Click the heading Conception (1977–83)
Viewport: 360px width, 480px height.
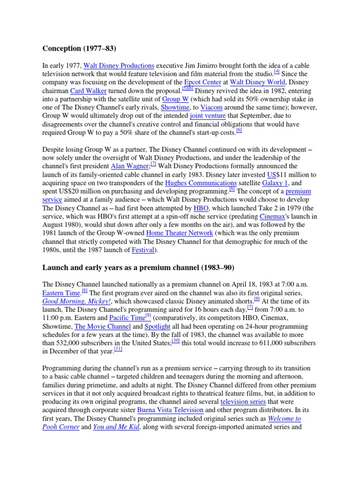point(79,48)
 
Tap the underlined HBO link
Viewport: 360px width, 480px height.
point(202,208)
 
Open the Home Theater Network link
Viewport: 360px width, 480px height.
point(180,233)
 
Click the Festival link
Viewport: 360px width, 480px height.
point(142,250)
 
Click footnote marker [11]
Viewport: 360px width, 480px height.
point(118,349)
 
